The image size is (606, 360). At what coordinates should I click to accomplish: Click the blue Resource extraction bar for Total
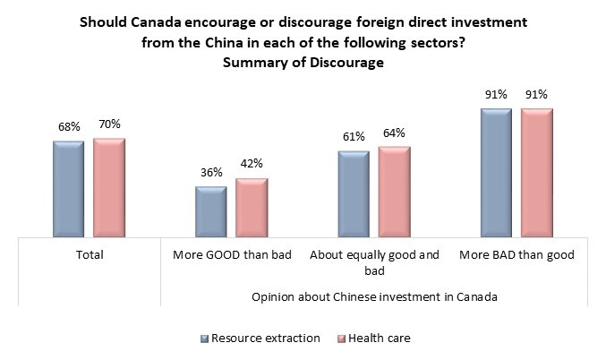[68, 189]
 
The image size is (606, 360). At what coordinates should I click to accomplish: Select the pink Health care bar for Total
[109, 187]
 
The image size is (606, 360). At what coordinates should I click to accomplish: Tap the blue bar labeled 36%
[210, 212]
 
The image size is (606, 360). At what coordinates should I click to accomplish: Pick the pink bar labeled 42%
[252, 208]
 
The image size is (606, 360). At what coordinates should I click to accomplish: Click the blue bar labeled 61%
[354, 193]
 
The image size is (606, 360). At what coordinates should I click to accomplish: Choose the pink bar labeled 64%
[394, 191]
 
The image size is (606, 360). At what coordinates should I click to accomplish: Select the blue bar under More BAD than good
[496, 173]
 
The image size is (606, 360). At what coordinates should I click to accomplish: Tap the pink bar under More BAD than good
[537, 173]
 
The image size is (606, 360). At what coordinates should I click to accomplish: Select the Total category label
[89, 255]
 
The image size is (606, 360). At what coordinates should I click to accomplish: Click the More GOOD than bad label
[232, 255]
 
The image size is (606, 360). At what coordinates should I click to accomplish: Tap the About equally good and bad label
[374, 261]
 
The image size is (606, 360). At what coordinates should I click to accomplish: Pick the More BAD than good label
[516, 255]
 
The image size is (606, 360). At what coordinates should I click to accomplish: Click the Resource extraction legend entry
[260, 338]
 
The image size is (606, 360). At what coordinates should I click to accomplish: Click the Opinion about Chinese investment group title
[374, 296]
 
